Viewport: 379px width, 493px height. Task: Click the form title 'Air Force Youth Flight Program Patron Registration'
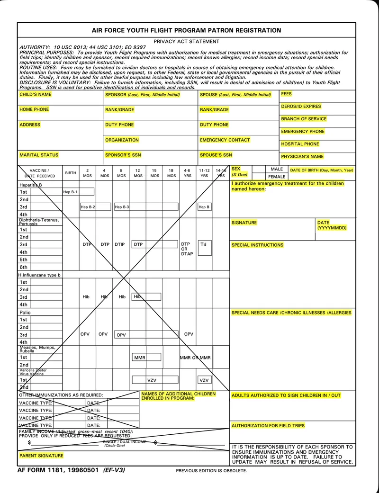186,30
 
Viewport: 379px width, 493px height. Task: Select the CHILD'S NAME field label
36,95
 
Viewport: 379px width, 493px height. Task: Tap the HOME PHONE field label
34,109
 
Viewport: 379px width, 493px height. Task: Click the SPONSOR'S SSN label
123,155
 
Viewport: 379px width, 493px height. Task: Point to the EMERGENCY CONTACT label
225,140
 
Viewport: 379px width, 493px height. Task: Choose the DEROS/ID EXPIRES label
301,107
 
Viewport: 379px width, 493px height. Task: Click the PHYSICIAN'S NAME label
302,156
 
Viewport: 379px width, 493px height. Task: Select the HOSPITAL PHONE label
300,144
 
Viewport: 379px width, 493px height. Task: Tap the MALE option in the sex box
277,169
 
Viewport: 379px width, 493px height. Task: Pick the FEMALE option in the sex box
277,177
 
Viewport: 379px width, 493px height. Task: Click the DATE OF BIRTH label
322,170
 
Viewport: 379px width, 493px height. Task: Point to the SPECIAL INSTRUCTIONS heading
257,245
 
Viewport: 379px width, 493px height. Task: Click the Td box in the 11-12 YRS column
204,245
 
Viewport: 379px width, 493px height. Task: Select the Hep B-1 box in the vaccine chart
70,192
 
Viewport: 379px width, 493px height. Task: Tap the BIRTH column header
71,173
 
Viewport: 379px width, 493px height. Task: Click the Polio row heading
25,313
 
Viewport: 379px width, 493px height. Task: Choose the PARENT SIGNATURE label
41,456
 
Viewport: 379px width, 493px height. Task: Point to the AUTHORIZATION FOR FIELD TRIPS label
268,426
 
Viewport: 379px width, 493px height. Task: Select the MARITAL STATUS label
39,155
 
